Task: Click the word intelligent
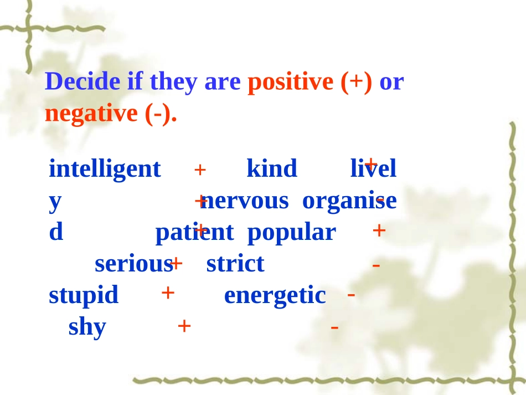point(105,169)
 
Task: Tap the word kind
point(271,168)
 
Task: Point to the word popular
point(291,233)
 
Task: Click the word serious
point(133,264)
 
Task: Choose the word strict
point(235,264)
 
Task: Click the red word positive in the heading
point(291,82)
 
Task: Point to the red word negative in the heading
point(91,114)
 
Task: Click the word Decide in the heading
point(82,82)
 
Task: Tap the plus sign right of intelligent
point(200,170)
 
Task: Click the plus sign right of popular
point(379,230)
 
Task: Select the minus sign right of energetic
point(352,295)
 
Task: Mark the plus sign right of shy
point(184,326)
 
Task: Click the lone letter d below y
point(56,233)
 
